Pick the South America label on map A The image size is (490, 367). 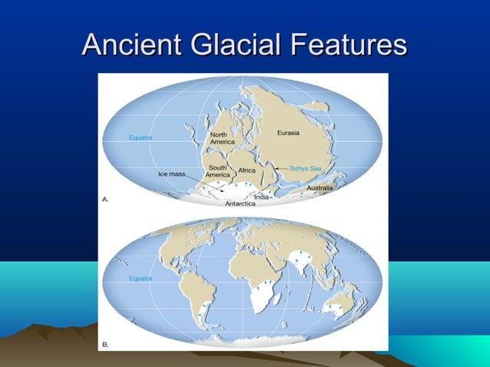[x=217, y=171]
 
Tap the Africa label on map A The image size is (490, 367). [x=247, y=170]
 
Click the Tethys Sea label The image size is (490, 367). [x=305, y=167]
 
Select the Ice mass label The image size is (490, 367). [x=172, y=174]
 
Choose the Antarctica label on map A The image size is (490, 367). [x=240, y=204]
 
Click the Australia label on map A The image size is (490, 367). [x=319, y=187]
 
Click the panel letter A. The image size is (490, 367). [x=106, y=199]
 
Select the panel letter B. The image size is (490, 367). [x=106, y=345]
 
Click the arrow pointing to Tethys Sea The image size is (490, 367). [x=281, y=167]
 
